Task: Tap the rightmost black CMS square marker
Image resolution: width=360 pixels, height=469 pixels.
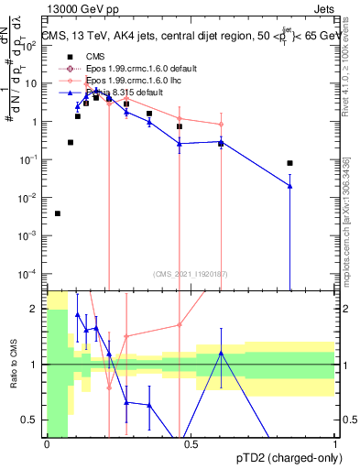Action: click(x=289, y=163)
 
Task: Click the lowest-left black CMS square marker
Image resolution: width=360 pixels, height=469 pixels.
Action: click(x=58, y=213)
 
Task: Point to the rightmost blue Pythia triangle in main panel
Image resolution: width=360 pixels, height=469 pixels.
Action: click(x=289, y=186)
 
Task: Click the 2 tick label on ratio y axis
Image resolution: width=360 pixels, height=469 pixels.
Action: click(x=35, y=309)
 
